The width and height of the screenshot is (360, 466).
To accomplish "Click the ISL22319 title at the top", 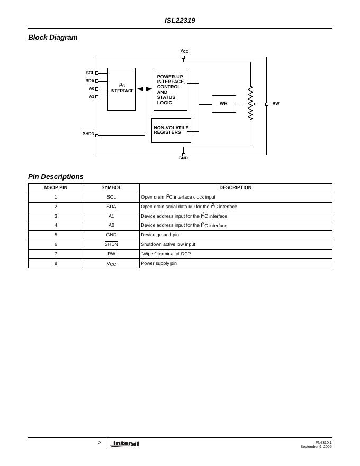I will [179, 21].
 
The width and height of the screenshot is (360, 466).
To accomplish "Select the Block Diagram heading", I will [53, 38].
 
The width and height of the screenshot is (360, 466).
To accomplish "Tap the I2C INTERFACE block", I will [121, 89].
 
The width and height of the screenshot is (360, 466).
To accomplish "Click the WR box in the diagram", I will [223, 104].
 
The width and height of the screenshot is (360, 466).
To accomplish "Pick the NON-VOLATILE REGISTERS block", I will [171, 130].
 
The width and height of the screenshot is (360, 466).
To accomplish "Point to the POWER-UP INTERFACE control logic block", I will [170, 89].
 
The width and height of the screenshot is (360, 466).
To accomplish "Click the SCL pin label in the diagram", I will [90, 73].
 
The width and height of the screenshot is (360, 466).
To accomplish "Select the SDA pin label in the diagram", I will [89, 81].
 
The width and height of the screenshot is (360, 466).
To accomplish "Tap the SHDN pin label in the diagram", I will [88, 134].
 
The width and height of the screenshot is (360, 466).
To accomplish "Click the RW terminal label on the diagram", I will [276, 104].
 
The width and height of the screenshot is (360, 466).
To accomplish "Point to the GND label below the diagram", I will [183, 158].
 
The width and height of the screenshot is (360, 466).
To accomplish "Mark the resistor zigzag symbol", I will [250, 103].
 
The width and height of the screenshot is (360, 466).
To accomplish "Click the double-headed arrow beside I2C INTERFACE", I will [145, 89].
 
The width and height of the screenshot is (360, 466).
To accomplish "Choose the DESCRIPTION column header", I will [236, 188].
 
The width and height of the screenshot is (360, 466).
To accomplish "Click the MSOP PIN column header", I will [56, 188].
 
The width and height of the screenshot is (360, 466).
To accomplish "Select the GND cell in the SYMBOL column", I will [111, 235].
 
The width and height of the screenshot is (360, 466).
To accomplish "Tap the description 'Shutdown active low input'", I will [168, 245].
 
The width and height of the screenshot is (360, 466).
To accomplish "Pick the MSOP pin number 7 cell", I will [56, 254].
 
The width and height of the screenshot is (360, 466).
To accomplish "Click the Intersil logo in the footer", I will [125, 444].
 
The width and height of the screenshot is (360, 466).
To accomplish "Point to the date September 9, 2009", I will [316, 447].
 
